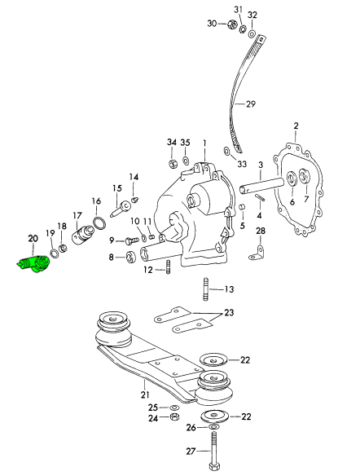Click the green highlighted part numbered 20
[x=33, y=264]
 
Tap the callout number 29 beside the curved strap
[x=251, y=104]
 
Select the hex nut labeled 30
[x=231, y=24]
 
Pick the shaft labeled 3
[x=261, y=185]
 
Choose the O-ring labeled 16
[x=99, y=223]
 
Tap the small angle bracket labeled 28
[x=257, y=253]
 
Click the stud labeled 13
[x=205, y=289]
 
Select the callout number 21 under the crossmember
[x=145, y=395]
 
